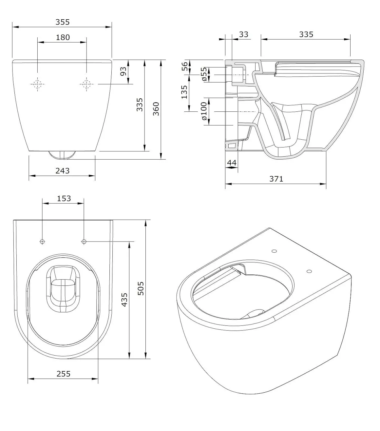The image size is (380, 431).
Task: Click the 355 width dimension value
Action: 63,22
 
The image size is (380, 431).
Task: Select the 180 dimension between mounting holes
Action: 63,37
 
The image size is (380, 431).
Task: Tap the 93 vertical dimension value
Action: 123,71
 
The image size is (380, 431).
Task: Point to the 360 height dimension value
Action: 156,109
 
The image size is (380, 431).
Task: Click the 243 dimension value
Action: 63,171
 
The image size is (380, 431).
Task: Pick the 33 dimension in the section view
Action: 243,34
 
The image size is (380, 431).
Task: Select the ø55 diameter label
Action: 204,74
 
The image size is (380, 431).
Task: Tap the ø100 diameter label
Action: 204,111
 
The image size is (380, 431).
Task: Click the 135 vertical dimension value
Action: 184,92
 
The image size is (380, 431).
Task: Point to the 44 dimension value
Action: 232,163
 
